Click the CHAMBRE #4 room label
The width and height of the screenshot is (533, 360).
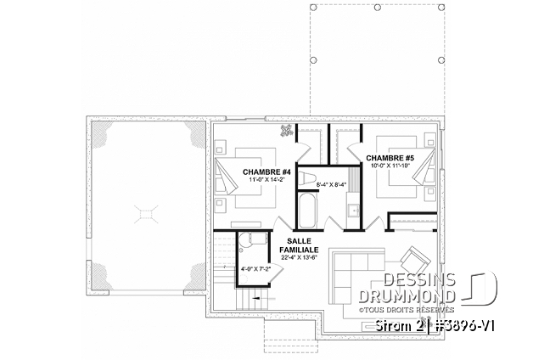[x=262, y=172]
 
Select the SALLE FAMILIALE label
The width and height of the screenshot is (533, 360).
[x=299, y=245]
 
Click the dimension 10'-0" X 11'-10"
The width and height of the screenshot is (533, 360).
[x=390, y=166]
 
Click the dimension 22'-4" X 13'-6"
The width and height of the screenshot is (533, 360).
[x=299, y=257]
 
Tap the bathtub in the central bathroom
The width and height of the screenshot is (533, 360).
[x=307, y=211]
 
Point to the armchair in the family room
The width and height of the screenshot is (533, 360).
[x=415, y=261]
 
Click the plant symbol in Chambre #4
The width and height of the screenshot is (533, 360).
[x=287, y=130]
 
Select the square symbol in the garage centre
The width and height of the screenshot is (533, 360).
[x=146, y=215]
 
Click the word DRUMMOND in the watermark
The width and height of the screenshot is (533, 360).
[x=407, y=296]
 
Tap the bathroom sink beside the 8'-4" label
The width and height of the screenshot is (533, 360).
[x=354, y=210]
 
